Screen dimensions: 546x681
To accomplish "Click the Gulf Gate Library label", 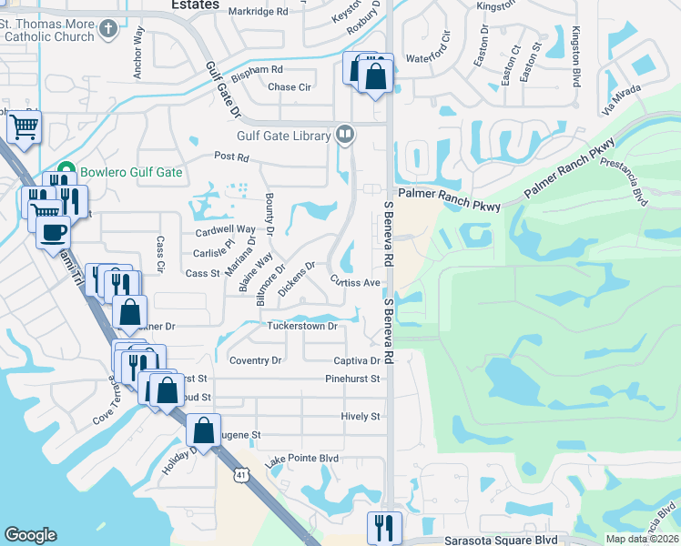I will (x=283, y=136).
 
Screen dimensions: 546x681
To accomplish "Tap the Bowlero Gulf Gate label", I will (x=130, y=172).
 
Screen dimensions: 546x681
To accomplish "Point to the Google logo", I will (x=30, y=535).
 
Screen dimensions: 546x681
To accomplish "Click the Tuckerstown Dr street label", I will (x=301, y=326).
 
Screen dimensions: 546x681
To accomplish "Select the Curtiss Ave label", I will (x=355, y=282).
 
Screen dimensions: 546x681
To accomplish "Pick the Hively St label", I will (x=361, y=416).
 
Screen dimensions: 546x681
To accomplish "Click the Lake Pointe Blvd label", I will (x=302, y=461).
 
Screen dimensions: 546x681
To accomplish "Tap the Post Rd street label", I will (x=231, y=157).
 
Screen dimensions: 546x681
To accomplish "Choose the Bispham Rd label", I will (x=257, y=69).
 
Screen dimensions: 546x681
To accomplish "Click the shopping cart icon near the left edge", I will (x=24, y=127).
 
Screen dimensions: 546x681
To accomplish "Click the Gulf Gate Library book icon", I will (x=345, y=136).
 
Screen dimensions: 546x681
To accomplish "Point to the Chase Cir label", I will (x=290, y=87).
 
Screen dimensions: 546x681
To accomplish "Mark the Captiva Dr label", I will (x=356, y=361).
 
